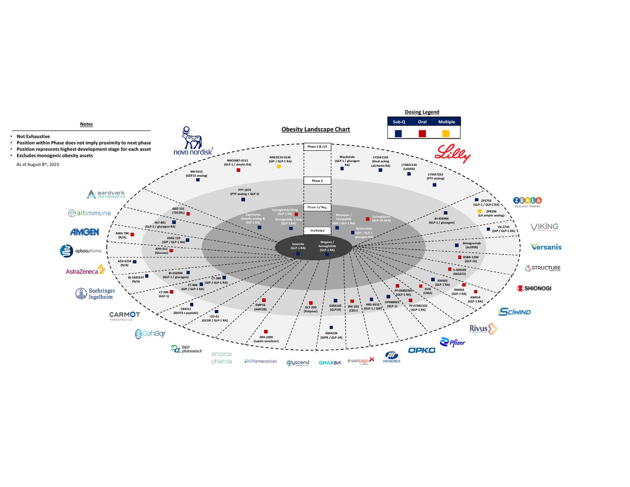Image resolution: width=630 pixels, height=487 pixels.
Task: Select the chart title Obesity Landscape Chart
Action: [x=316, y=129]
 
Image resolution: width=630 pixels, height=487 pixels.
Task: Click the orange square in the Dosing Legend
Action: [x=446, y=134]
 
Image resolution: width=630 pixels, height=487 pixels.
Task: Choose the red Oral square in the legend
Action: [x=422, y=134]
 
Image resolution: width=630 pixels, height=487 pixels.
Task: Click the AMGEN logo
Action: [x=85, y=232]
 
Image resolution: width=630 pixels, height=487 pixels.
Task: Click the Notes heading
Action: [x=87, y=125]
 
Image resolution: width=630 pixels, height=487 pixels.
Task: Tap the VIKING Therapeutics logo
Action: [x=544, y=227]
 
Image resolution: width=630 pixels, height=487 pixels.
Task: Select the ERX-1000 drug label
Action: [x=266, y=339]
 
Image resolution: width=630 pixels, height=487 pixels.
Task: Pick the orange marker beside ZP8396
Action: [x=479, y=211]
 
